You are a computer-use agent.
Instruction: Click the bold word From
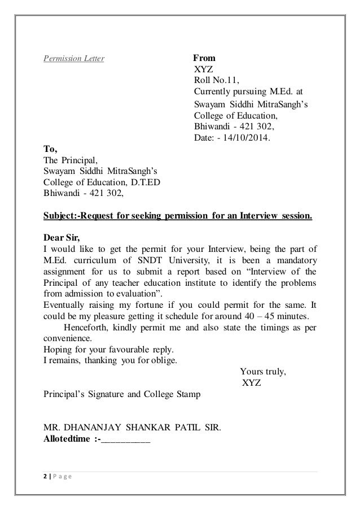[204, 58]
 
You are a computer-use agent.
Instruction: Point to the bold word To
[50, 150]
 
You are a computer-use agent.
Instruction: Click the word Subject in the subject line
[60, 216]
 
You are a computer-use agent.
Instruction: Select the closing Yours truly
[263, 372]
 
